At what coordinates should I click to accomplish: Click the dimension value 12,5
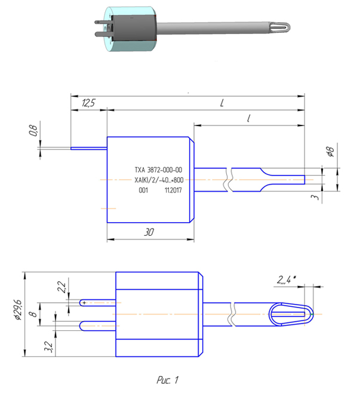87,103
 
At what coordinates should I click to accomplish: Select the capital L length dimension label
221,103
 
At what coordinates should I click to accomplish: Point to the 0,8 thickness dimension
34,130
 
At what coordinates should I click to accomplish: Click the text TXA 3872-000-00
158,170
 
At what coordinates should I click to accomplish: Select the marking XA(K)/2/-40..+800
158,180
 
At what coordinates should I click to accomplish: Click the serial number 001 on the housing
143,191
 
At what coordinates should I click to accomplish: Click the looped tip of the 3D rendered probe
281,27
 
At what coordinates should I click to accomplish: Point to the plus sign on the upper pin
85,303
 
